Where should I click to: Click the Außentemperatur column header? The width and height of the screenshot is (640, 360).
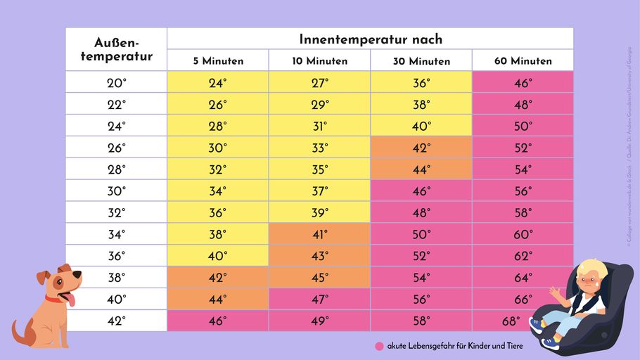pos(116,49)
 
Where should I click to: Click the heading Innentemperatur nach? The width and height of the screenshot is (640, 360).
pos(371,39)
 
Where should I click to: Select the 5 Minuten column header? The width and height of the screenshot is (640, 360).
pos(218,61)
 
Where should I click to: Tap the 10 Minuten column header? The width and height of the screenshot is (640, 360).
pos(319,61)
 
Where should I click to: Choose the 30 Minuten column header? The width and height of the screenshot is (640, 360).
pos(421,61)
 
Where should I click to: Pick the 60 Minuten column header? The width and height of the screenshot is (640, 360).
pos(523,61)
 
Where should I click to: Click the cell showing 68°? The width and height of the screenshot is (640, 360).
pos(511,321)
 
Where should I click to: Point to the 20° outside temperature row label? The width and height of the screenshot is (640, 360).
pos(116,83)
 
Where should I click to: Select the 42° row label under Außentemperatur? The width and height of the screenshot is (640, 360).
pos(116,321)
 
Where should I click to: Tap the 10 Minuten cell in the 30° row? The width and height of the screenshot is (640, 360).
pos(319,191)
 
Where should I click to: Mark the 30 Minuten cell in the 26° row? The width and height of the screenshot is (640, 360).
pos(421,148)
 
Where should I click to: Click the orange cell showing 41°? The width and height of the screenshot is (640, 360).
pos(319,234)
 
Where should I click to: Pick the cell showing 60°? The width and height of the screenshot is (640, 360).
pos(523,234)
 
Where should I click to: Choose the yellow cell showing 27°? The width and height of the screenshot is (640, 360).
pos(319,83)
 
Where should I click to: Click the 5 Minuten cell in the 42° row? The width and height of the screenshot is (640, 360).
pos(218,321)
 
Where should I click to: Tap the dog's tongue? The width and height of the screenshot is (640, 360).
pos(70,301)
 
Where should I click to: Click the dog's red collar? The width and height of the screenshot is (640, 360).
pos(53,299)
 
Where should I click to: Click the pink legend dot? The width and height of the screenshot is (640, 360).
pos(379,346)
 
